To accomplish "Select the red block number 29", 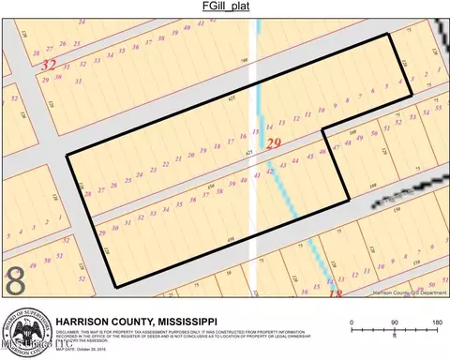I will pos(275,142).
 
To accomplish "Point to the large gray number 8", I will pos(16,281).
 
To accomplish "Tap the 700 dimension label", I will pos(244,62).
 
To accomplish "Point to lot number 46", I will pos(323,152).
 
